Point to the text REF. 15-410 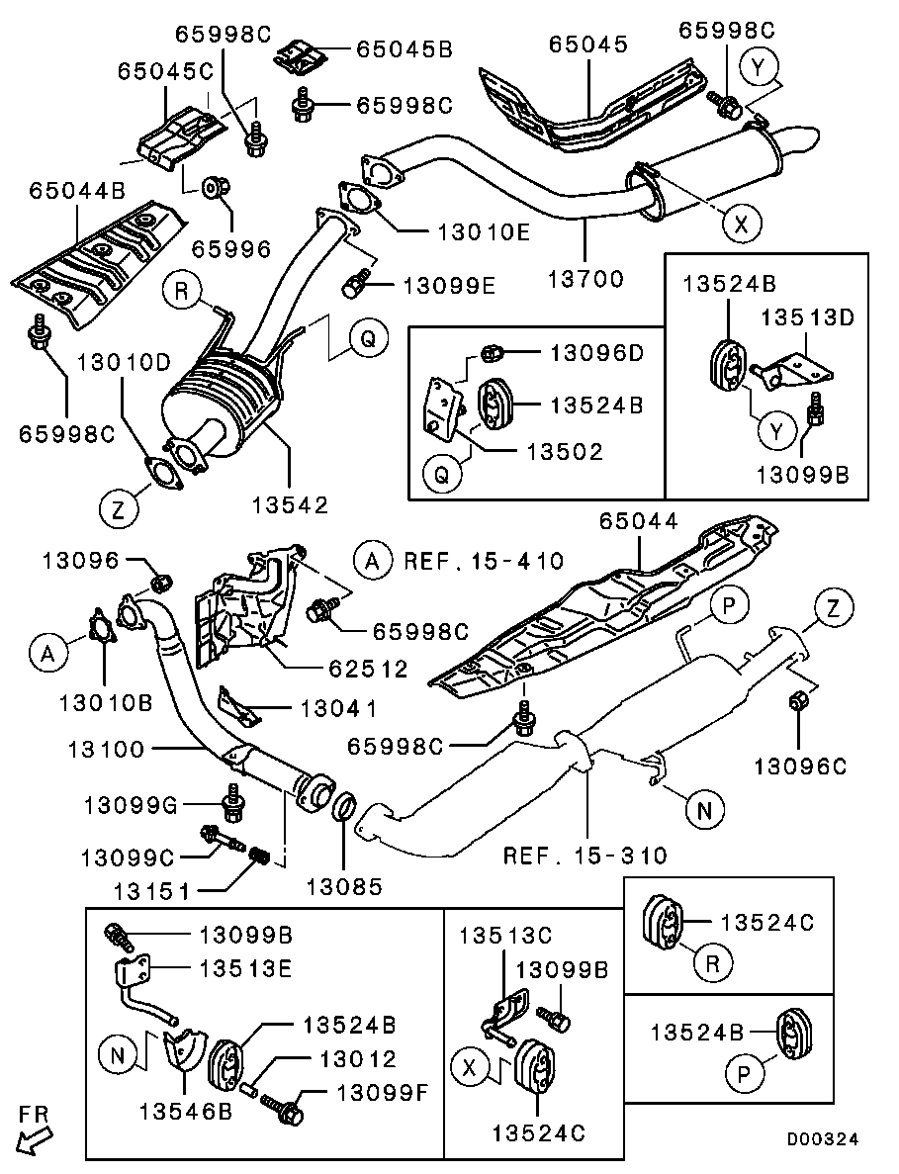(484, 562)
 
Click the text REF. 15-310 (584, 855)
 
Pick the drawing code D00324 (823, 1139)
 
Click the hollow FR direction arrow (33, 1140)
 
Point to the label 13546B (186, 1111)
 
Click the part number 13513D (806, 317)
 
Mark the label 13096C (799, 765)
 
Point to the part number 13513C (504, 934)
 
